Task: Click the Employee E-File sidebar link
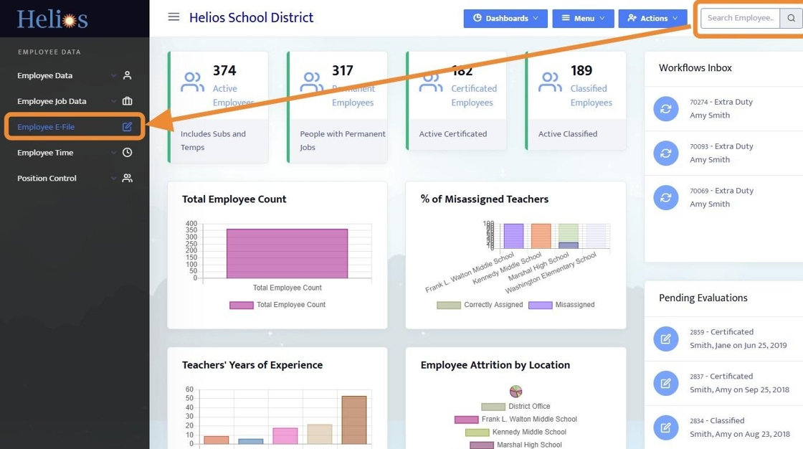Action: pyautogui.click(x=46, y=127)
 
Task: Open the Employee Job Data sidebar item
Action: pyautogui.click(x=52, y=101)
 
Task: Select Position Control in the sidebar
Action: pyautogui.click(x=47, y=178)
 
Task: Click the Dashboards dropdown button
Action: pyautogui.click(x=505, y=19)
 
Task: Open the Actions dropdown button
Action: pyautogui.click(x=652, y=19)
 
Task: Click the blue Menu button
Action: pyautogui.click(x=583, y=19)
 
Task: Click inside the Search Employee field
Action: pyautogui.click(x=740, y=18)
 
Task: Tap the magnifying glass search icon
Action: pyautogui.click(x=791, y=18)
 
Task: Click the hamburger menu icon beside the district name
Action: pyautogui.click(x=174, y=17)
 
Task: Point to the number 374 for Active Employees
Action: pyautogui.click(x=224, y=70)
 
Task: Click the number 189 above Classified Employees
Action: pyautogui.click(x=581, y=70)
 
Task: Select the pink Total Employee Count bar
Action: pyautogui.click(x=287, y=253)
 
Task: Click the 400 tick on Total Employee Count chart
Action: pyautogui.click(x=191, y=224)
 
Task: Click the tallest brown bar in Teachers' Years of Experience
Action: pyautogui.click(x=353, y=420)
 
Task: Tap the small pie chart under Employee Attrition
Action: pyautogui.click(x=515, y=392)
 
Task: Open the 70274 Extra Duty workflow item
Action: pyautogui.click(x=721, y=108)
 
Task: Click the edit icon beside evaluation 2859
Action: pyautogui.click(x=665, y=339)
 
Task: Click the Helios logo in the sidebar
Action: pyautogui.click(x=52, y=19)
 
